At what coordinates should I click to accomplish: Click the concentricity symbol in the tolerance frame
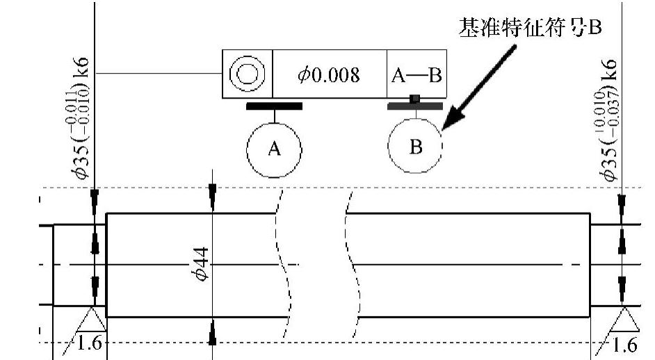(247, 74)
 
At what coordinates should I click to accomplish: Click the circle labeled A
(274, 149)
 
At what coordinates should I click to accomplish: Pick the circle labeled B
(415, 147)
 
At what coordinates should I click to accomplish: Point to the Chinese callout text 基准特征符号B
(528, 28)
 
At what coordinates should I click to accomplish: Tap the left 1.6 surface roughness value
(90, 344)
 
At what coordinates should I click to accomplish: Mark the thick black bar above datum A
(274, 106)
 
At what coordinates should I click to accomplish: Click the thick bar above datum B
(415, 106)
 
